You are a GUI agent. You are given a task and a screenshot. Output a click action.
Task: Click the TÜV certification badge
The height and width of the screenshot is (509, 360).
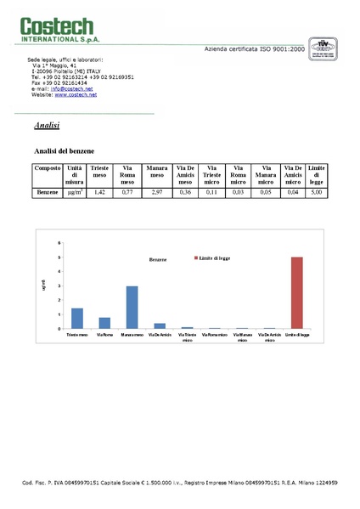322,46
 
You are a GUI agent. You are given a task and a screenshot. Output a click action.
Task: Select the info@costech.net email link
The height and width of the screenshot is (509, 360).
72,88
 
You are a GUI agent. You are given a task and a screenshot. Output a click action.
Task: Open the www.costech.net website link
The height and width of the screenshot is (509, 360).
76,94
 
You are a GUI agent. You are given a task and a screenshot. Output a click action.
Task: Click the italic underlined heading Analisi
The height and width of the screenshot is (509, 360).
47,126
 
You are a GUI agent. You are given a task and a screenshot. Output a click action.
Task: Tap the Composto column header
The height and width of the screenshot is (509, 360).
48,169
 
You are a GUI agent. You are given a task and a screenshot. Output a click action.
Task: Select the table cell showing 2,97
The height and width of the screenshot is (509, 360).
156,194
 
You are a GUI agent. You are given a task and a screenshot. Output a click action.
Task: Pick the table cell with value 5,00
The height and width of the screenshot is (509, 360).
317,194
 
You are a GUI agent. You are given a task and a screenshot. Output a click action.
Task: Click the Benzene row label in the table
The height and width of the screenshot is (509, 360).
47,194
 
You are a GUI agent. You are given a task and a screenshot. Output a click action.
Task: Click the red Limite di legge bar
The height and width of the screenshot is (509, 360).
297,292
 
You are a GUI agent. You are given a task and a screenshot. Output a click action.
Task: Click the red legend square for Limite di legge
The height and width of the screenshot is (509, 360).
196,257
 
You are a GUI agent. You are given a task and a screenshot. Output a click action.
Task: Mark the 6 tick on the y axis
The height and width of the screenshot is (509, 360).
59,243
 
